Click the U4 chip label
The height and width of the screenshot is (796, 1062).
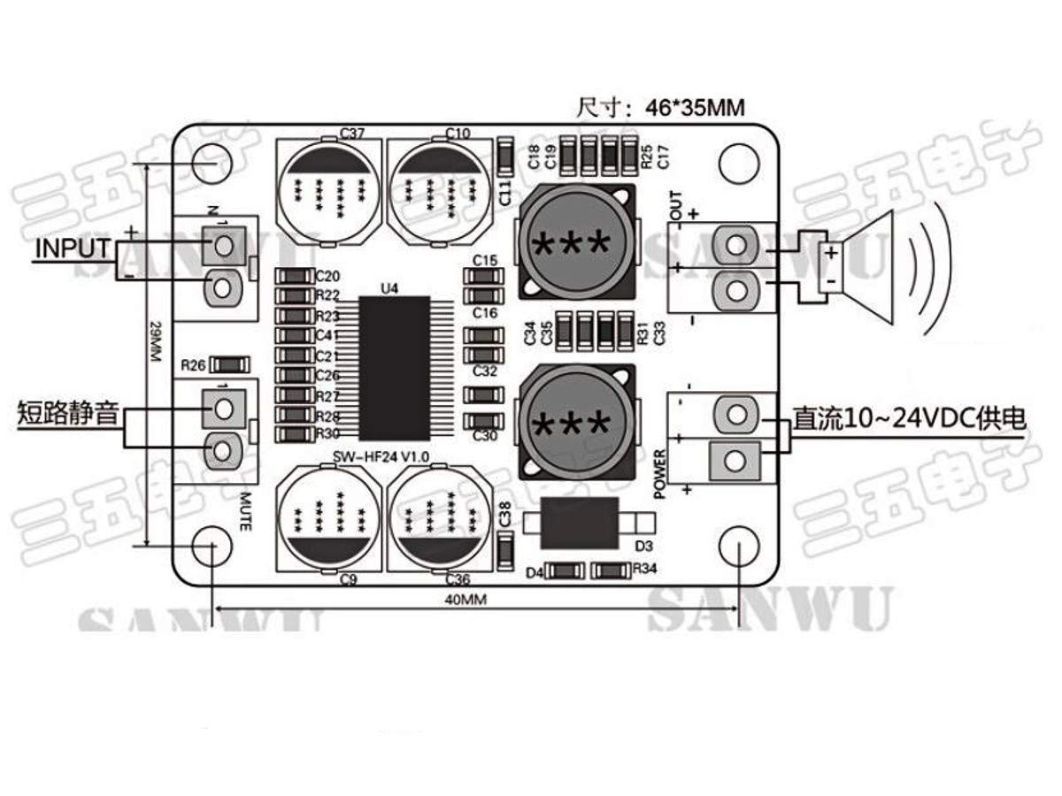point(389,288)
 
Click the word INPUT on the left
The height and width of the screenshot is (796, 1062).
point(73,249)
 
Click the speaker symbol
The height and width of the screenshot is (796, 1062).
point(863,266)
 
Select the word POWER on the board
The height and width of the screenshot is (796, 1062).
point(659,474)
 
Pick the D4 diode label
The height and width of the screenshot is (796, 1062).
point(534,572)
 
